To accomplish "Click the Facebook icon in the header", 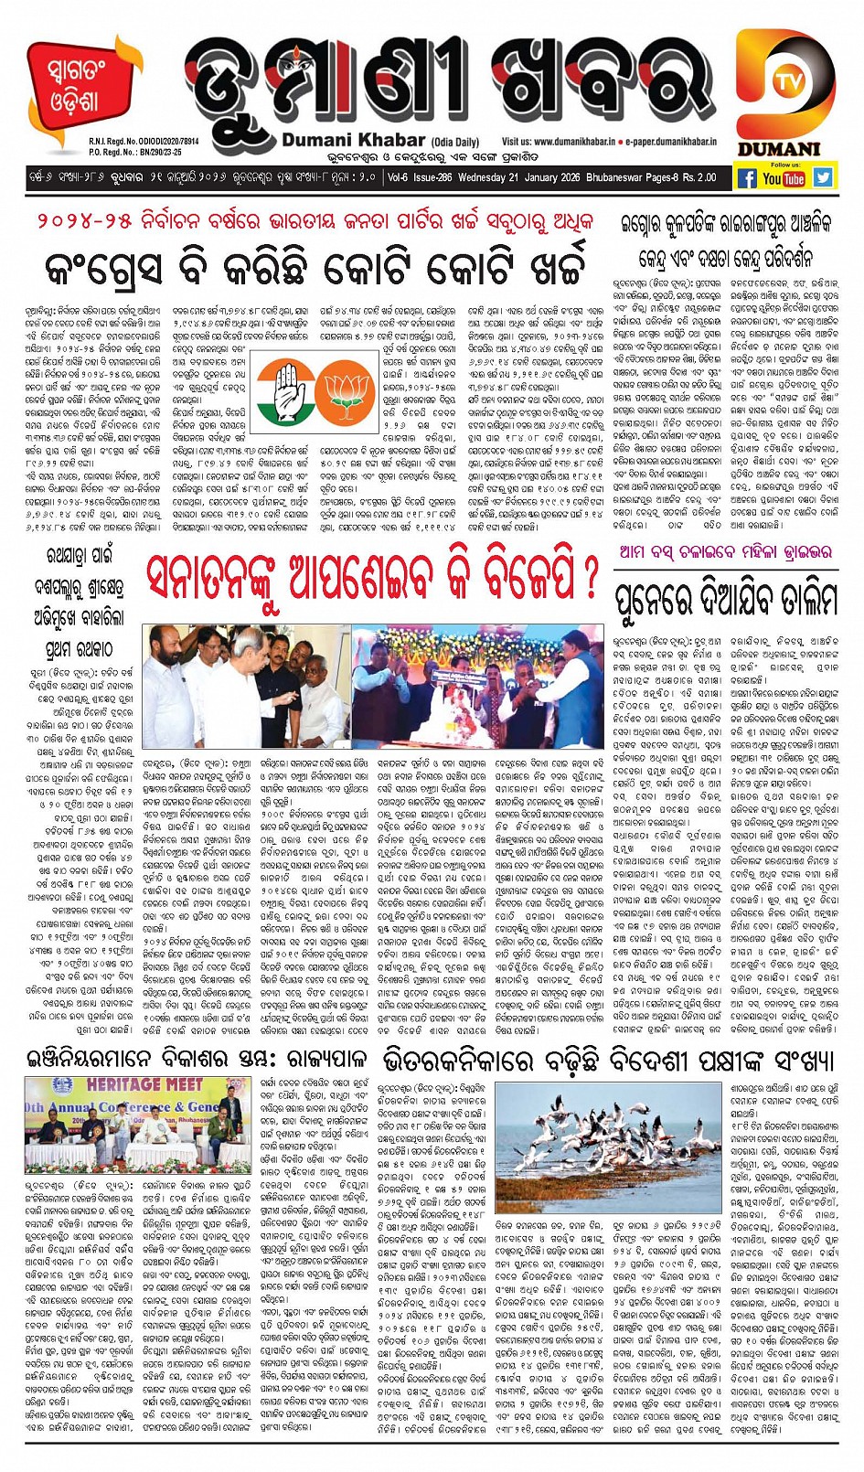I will [747, 177].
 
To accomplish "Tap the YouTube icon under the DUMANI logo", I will [784, 177].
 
